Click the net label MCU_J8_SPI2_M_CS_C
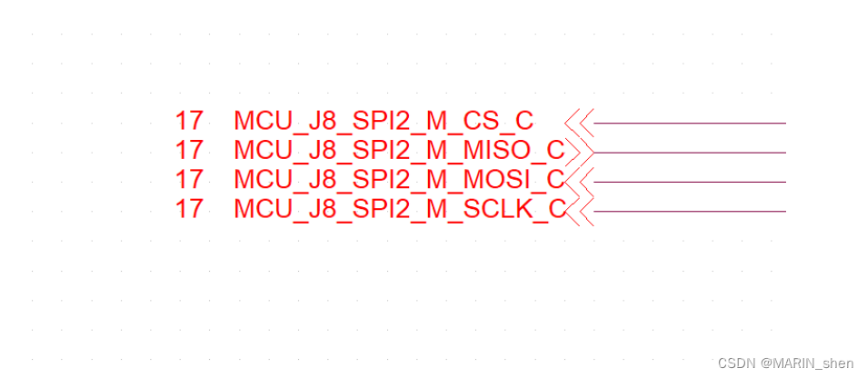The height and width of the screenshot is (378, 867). (384, 122)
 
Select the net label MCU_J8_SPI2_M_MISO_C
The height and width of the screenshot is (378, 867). (399, 151)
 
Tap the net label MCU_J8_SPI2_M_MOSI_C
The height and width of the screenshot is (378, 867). (399, 180)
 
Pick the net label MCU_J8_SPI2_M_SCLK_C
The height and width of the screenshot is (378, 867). (399, 209)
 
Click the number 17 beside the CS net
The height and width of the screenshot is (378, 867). (189, 122)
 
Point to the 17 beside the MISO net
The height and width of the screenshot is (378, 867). (189, 151)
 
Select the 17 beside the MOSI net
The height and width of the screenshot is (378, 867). (189, 180)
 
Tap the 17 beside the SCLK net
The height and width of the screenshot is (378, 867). (189, 209)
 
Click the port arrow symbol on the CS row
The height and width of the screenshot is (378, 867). (579, 122)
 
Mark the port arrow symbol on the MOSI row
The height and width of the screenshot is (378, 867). (579, 182)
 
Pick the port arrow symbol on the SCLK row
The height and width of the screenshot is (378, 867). (579, 211)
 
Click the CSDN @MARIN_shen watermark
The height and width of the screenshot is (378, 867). (785, 363)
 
